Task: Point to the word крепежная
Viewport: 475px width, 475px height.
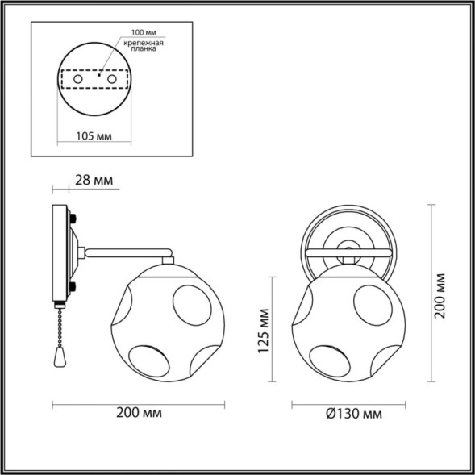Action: [146, 43]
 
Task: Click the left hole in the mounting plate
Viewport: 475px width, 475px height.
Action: [77, 80]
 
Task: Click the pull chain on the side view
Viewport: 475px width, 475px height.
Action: [60, 327]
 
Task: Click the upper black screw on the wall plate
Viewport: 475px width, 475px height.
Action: [74, 218]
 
